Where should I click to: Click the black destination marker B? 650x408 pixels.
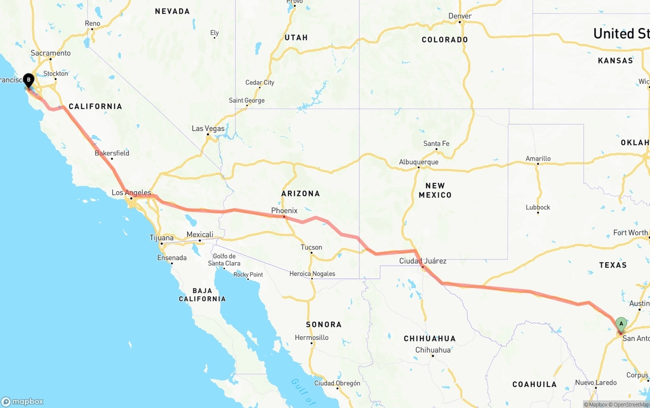(x=28, y=80)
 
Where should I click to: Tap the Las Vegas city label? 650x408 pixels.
(x=208, y=129)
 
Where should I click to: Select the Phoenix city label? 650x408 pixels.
(x=284, y=210)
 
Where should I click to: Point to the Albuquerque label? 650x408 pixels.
(x=418, y=162)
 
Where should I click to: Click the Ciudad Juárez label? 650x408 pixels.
(x=422, y=261)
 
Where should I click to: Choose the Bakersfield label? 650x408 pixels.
(x=112, y=153)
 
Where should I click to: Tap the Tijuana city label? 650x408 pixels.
(x=161, y=238)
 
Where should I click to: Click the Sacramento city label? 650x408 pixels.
(x=50, y=53)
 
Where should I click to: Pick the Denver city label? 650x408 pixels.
(x=460, y=16)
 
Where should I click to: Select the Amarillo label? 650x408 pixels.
(x=538, y=159)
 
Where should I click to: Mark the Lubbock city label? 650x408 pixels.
(x=538, y=207)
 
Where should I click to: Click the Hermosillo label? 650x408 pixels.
(x=311, y=337)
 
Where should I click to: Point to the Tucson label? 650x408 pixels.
(x=311, y=247)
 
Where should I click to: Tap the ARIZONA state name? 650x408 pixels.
(x=301, y=194)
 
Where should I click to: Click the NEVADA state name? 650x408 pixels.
(x=172, y=11)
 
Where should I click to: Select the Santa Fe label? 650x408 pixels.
(x=436, y=144)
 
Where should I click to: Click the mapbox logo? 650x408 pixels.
(x=22, y=401)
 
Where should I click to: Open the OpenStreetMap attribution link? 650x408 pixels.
(x=630, y=404)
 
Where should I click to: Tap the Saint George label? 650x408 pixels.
(x=246, y=101)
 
